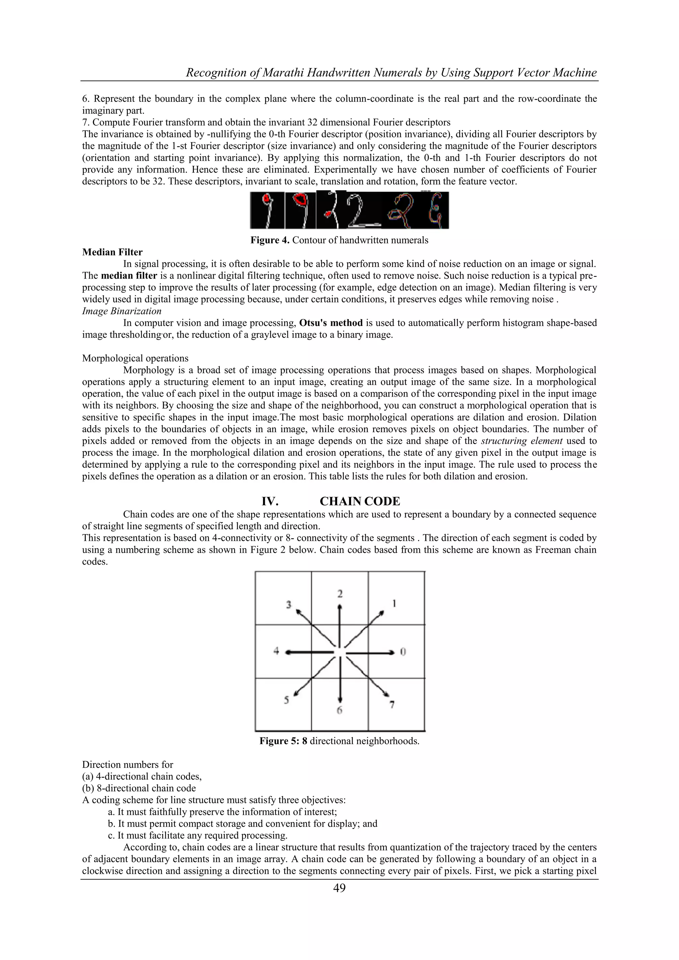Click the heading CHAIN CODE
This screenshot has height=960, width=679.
click(360, 501)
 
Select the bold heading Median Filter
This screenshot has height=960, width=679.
click(112, 252)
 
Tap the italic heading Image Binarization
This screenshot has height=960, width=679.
click(122, 311)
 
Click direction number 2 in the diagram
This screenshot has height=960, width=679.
click(340, 594)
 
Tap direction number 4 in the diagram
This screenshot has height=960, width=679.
click(276, 651)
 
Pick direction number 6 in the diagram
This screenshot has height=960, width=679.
click(339, 710)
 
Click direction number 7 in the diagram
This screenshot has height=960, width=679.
click(392, 705)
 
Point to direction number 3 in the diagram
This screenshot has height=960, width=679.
click(288, 605)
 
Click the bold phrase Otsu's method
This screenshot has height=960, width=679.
click(331, 323)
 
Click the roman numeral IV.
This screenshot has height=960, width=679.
click(270, 501)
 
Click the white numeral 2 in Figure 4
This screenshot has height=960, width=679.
click(356, 212)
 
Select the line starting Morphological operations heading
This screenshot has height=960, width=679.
click(135, 358)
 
